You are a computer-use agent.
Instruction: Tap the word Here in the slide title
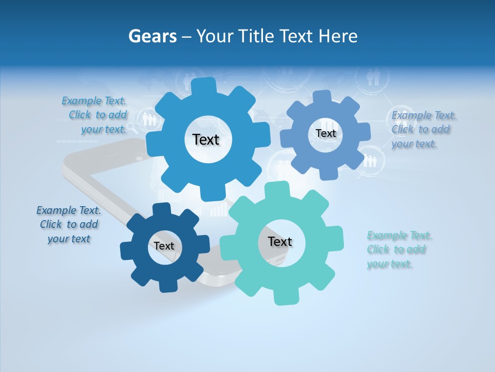[x=338, y=36]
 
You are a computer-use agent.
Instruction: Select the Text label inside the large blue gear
[x=206, y=139]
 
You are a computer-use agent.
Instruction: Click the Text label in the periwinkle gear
[x=325, y=133]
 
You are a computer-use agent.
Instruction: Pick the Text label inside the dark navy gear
[x=164, y=246]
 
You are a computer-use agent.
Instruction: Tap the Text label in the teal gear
[x=280, y=241]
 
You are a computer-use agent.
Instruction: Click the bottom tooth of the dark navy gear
[x=168, y=286]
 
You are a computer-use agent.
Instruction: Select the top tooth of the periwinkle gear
[x=322, y=96]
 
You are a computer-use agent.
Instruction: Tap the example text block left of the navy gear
[x=69, y=224]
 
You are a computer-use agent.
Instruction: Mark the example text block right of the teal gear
[x=399, y=250]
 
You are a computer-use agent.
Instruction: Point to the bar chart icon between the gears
[x=219, y=209]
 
